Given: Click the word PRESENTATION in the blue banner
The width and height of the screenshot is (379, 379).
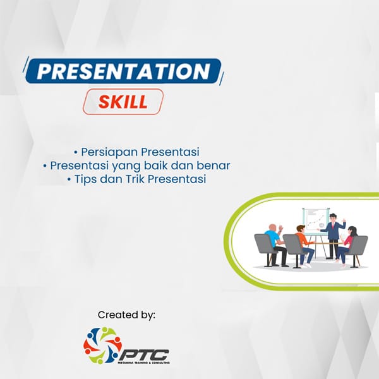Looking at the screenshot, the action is (x=123, y=71).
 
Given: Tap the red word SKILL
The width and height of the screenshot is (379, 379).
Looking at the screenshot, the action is (x=123, y=102).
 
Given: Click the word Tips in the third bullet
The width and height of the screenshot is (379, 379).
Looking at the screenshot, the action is (x=85, y=179).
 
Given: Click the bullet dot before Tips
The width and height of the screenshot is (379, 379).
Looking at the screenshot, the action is (x=69, y=179).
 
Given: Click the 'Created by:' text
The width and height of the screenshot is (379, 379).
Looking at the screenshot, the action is (x=126, y=315).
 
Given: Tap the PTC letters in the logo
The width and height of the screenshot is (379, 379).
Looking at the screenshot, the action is (x=144, y=355).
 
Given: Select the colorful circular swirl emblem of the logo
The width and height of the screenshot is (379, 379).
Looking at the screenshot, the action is (x=102, y=346).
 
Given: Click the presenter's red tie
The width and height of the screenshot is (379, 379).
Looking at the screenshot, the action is (x=333, y=226).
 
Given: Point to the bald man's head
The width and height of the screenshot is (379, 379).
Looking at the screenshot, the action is (x=272, y=227).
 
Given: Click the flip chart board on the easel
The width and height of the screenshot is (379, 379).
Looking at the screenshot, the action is (x=315, y=220).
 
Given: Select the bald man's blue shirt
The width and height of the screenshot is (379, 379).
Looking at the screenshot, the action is (x=272, y=238).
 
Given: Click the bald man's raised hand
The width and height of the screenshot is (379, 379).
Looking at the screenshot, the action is (x=281, y=228).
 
